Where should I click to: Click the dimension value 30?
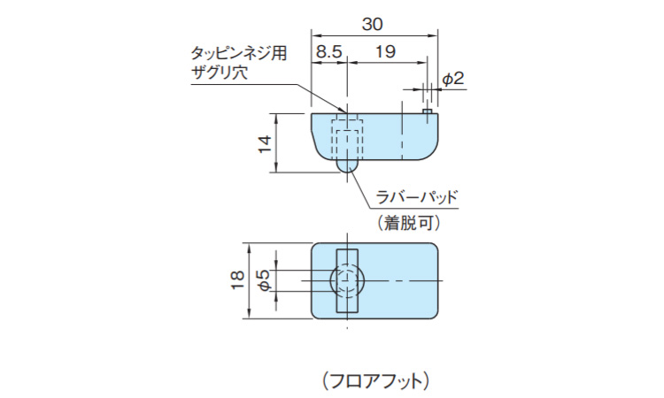374,23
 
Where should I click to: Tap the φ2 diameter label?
452,80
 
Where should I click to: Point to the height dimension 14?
265,142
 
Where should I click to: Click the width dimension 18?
236,280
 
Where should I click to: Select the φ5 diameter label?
263,280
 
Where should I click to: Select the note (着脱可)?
408,223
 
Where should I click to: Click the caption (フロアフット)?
376,380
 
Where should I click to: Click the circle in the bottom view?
346,280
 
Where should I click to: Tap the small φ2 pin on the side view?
427,111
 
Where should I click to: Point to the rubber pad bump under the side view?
346,165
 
